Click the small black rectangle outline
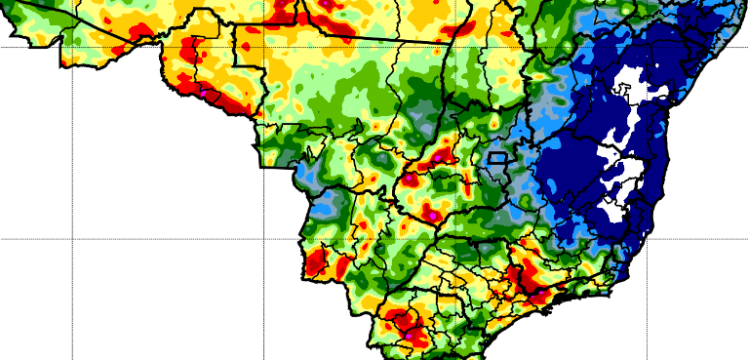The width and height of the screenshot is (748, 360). point(497,156)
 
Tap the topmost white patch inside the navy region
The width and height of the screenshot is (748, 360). point(634,84)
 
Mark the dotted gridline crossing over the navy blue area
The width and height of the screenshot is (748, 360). point(648,46)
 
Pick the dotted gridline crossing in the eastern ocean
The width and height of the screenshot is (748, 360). point(648,238)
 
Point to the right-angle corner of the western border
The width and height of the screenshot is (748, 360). point(261,167)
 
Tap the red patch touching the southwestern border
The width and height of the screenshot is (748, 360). point(316,261)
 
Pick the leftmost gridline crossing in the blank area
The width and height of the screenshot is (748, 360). point(73,238)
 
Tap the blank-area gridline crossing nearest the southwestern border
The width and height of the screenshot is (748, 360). point(263,238)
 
